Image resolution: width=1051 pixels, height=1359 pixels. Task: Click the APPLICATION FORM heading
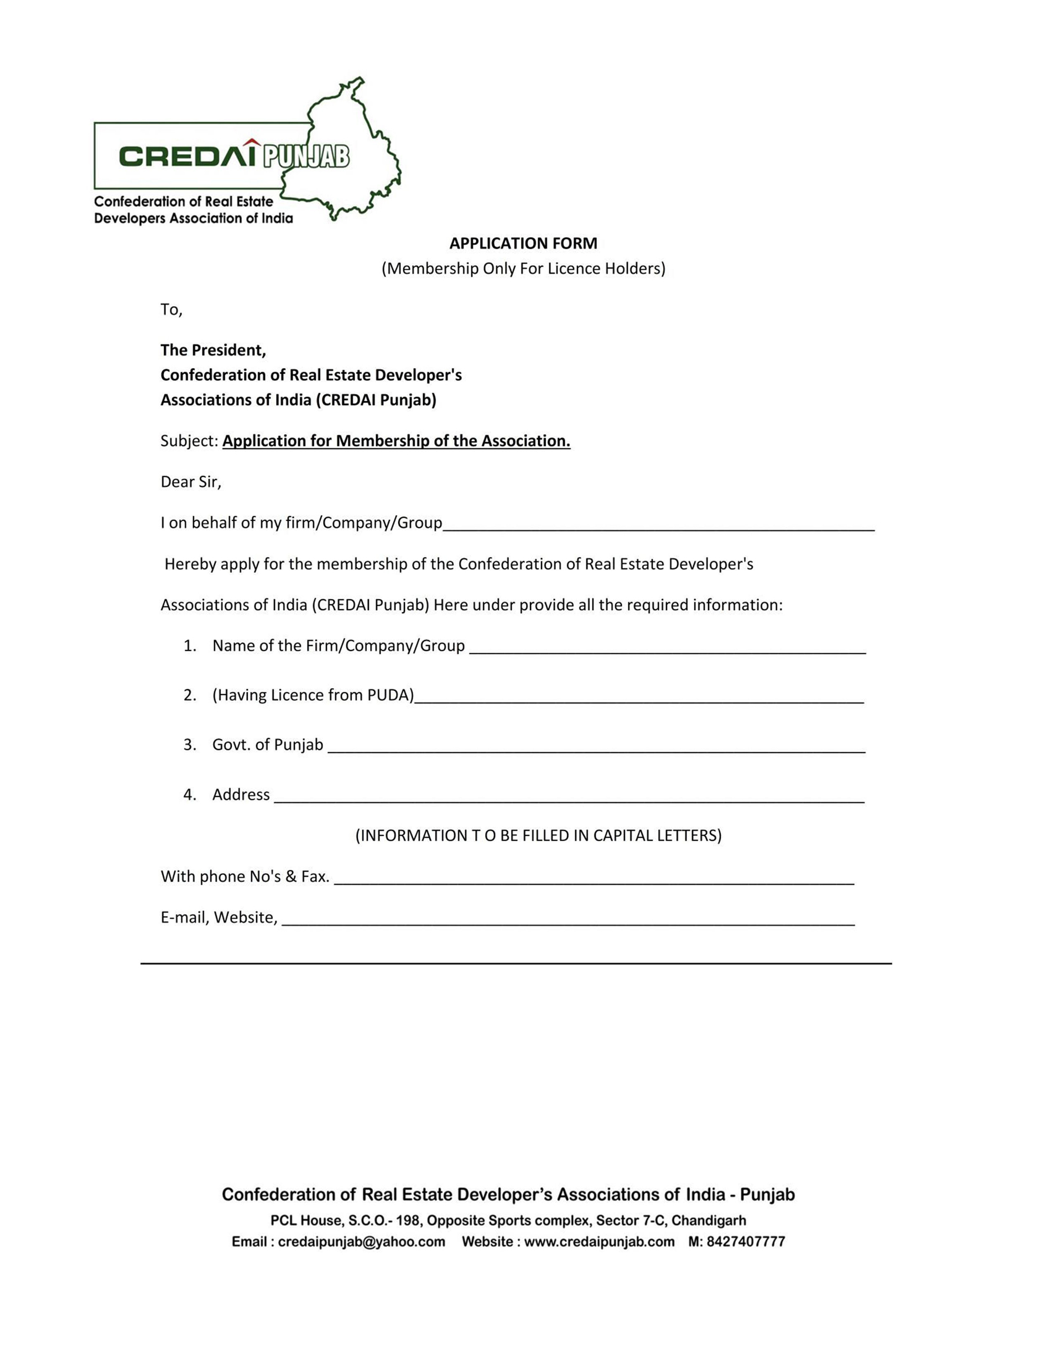(x=523, y=243)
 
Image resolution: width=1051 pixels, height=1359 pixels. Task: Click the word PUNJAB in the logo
(x=306, y=157)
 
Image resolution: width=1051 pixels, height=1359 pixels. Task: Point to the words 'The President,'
(x=213, y=350)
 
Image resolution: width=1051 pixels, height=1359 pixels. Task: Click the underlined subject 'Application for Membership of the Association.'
(x=396, y=440)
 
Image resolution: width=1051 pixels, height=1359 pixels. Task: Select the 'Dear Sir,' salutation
(x=190, y=481)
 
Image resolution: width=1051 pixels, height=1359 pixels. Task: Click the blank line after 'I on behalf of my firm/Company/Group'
(x=658, y=524)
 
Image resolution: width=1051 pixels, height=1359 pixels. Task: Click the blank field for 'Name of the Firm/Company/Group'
(x=667, y=647)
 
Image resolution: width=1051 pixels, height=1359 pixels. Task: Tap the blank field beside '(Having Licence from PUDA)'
(x=639, y=697)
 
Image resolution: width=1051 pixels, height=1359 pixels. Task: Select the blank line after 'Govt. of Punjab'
(x=596, y=747)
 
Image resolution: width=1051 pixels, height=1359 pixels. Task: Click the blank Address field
(x=569, y=796)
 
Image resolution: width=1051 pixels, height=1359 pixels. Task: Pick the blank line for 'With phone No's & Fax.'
(x=594, y=878)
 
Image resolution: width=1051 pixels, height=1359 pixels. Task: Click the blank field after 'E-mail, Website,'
(x=568, y=919)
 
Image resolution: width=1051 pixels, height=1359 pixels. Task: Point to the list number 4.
(x=189, y=795)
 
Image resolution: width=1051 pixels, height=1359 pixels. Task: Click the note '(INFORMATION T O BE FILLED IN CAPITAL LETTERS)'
(x=538, y=835)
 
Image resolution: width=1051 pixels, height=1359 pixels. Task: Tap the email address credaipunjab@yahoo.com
(x=361, y=1241)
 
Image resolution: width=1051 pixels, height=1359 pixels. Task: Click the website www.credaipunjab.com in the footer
(x=599, y=1241)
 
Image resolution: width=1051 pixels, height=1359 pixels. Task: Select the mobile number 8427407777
(x=745, y=1241)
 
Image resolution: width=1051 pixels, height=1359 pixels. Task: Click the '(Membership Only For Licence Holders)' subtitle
(x=523, y=268)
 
